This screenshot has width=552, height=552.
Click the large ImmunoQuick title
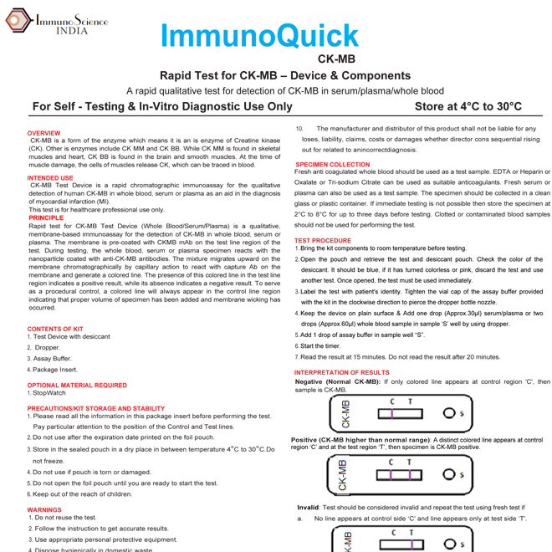[259, 36]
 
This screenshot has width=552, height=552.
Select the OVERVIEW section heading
[43, 133]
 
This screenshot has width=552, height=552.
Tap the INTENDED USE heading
[50, 177]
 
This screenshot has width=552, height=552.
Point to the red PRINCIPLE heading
[46, 217]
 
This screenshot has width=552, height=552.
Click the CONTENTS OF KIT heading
[55, 329]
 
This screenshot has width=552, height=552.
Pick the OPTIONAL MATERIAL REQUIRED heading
[77, 386]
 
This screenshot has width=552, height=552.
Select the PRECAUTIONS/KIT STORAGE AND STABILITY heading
[96, 408]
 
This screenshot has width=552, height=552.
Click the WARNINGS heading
[44, 509]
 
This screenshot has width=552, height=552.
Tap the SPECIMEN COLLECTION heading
[332, 165]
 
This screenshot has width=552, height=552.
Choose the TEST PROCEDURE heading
[323, 241]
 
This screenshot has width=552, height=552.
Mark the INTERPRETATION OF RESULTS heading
[341, 373]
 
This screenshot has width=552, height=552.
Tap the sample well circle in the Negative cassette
[449, 413]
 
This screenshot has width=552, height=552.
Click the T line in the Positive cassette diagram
[410, 474]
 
